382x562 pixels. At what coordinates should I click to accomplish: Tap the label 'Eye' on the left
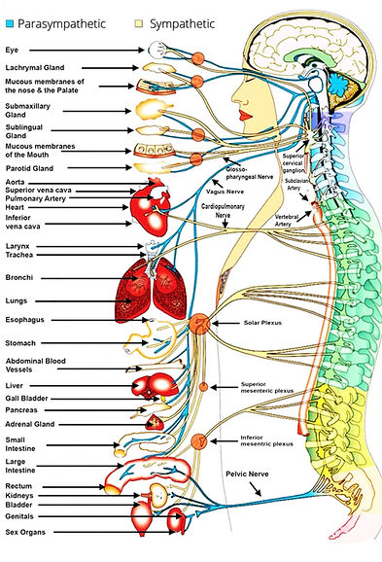coord(13,46)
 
